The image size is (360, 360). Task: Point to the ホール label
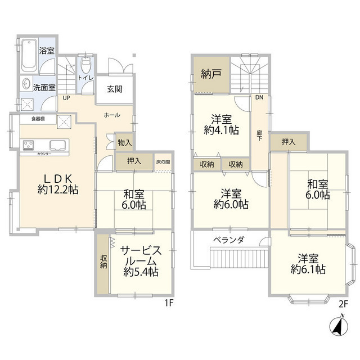111,115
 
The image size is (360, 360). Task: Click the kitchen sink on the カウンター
58,144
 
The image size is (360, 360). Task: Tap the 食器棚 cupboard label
39,119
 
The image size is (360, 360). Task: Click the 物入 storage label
124,143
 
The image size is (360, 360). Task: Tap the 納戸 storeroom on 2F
211,74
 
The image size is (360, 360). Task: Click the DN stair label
259,97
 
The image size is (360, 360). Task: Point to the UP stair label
66,97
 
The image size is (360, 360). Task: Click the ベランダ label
228,240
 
